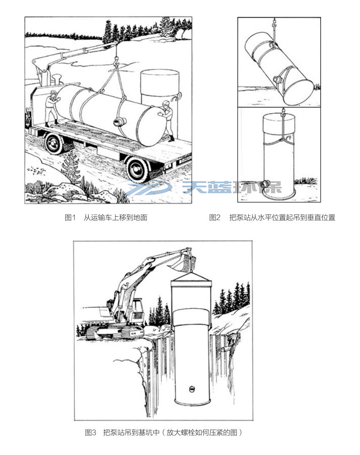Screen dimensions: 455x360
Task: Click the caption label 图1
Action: [70, 218]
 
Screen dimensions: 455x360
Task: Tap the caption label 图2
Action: [215, 218]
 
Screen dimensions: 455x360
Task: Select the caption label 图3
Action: [91, 433]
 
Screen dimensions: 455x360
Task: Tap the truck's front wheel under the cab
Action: [54, 143]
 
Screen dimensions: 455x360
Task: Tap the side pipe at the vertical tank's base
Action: [266, 184]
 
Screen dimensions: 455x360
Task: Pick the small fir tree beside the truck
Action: [70, 167]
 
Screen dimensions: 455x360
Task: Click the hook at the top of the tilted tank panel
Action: [275, 21]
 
